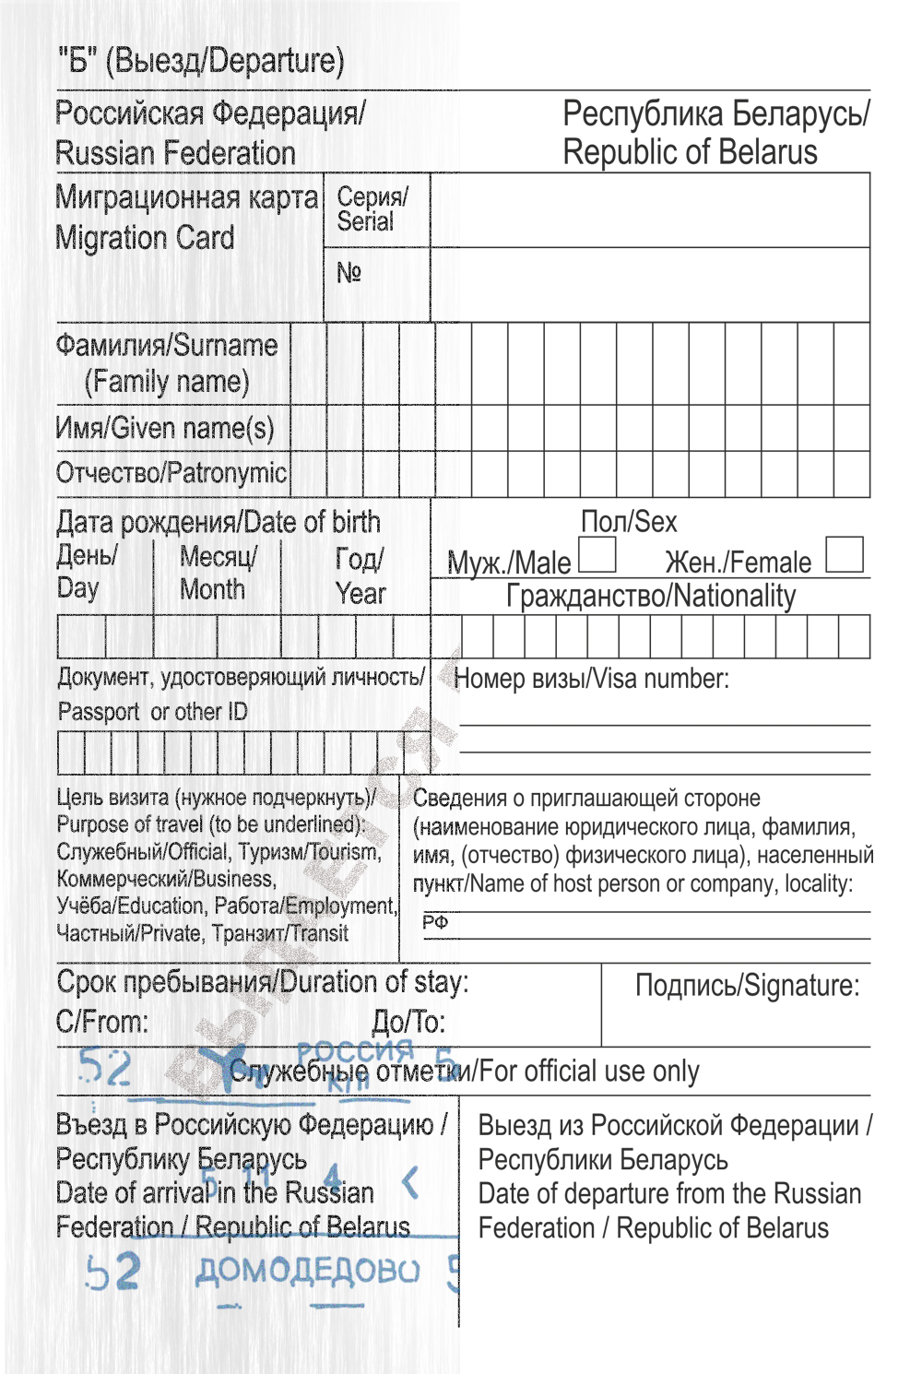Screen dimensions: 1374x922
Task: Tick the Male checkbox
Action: point(597,555)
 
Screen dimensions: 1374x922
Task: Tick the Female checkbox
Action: point(845,555)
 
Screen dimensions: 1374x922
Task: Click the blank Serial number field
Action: point(649,210)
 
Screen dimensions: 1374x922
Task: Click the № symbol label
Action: point(349,273)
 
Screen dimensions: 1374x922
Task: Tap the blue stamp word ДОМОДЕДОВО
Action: point(307,1272)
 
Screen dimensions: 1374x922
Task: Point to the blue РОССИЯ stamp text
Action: point(355,1051)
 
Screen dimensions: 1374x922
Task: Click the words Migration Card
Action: point(145,238)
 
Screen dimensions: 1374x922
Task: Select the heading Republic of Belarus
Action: point(690,152)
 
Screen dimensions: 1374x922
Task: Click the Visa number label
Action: point(591,680)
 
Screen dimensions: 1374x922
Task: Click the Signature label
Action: point(747,986)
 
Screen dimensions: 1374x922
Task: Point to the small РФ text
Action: point(435,922)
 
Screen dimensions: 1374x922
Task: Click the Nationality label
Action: point(650,597)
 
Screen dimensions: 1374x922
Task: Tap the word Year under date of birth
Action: point(361,594)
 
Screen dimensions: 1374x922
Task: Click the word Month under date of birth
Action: point(212,590)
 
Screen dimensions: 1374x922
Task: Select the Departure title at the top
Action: point(201,61)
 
